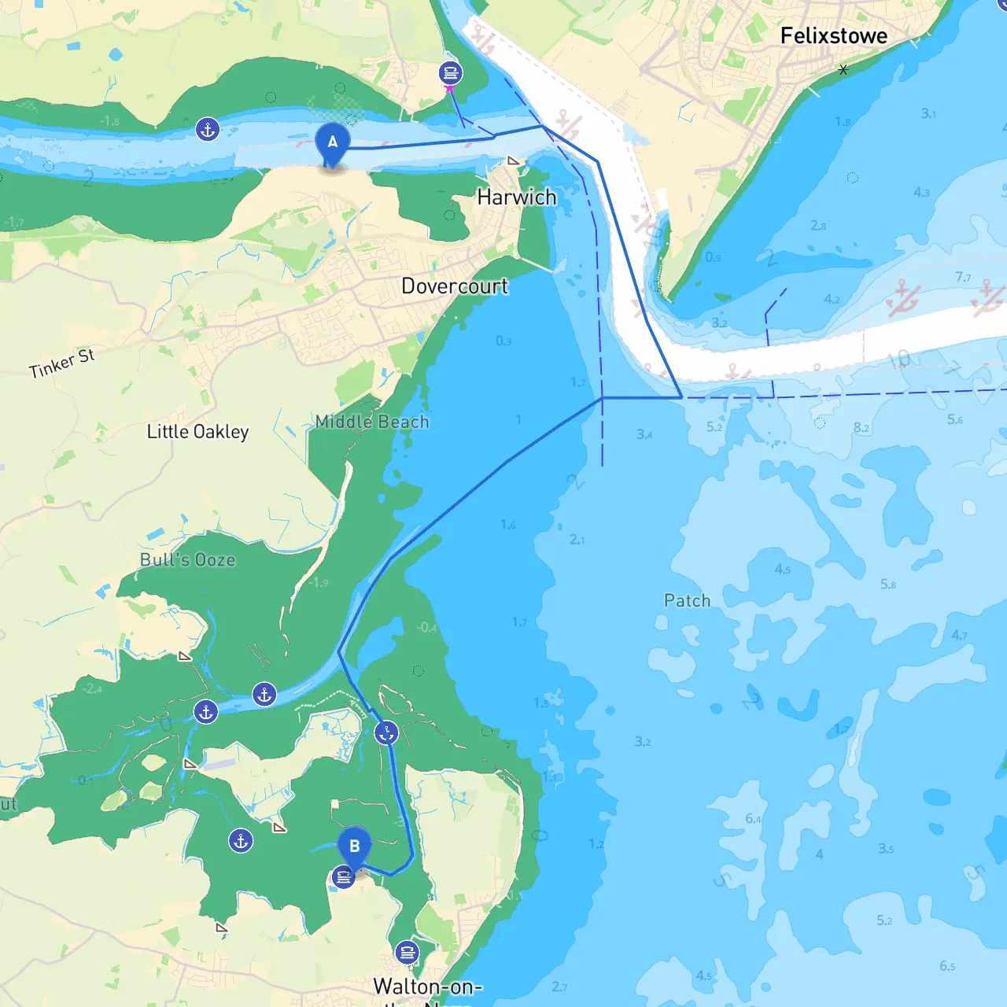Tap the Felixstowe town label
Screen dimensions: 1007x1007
click(x=833, y=36)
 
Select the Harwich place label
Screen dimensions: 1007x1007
click(x=516, y=197)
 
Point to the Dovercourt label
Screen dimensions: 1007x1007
click(x=455, y=286)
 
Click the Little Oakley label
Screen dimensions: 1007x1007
click(x=197, y=432)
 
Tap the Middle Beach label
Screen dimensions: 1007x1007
click(x=372, y=422)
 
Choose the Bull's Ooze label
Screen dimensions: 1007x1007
click(x=187, y=560)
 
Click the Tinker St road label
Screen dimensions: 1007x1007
click(x=62, y=363)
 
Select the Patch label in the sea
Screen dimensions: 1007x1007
click(x=687, y=601)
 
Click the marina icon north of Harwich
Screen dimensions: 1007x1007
click(x=450, y=73)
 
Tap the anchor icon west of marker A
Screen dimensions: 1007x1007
click(x=208, y=130)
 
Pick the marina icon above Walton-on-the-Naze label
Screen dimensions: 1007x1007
click(x=407, y=953)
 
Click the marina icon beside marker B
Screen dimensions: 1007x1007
click(x=343, y=876)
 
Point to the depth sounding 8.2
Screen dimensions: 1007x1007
click(x=861, y=428)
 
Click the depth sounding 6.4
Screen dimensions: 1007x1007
click(x=753, y=819)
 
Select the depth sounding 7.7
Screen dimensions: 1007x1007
click(x=963, y=277)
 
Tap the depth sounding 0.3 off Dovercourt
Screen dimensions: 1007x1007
click(x=503, y=341)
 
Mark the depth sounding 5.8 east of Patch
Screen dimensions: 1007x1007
click(x=888, y=585)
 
